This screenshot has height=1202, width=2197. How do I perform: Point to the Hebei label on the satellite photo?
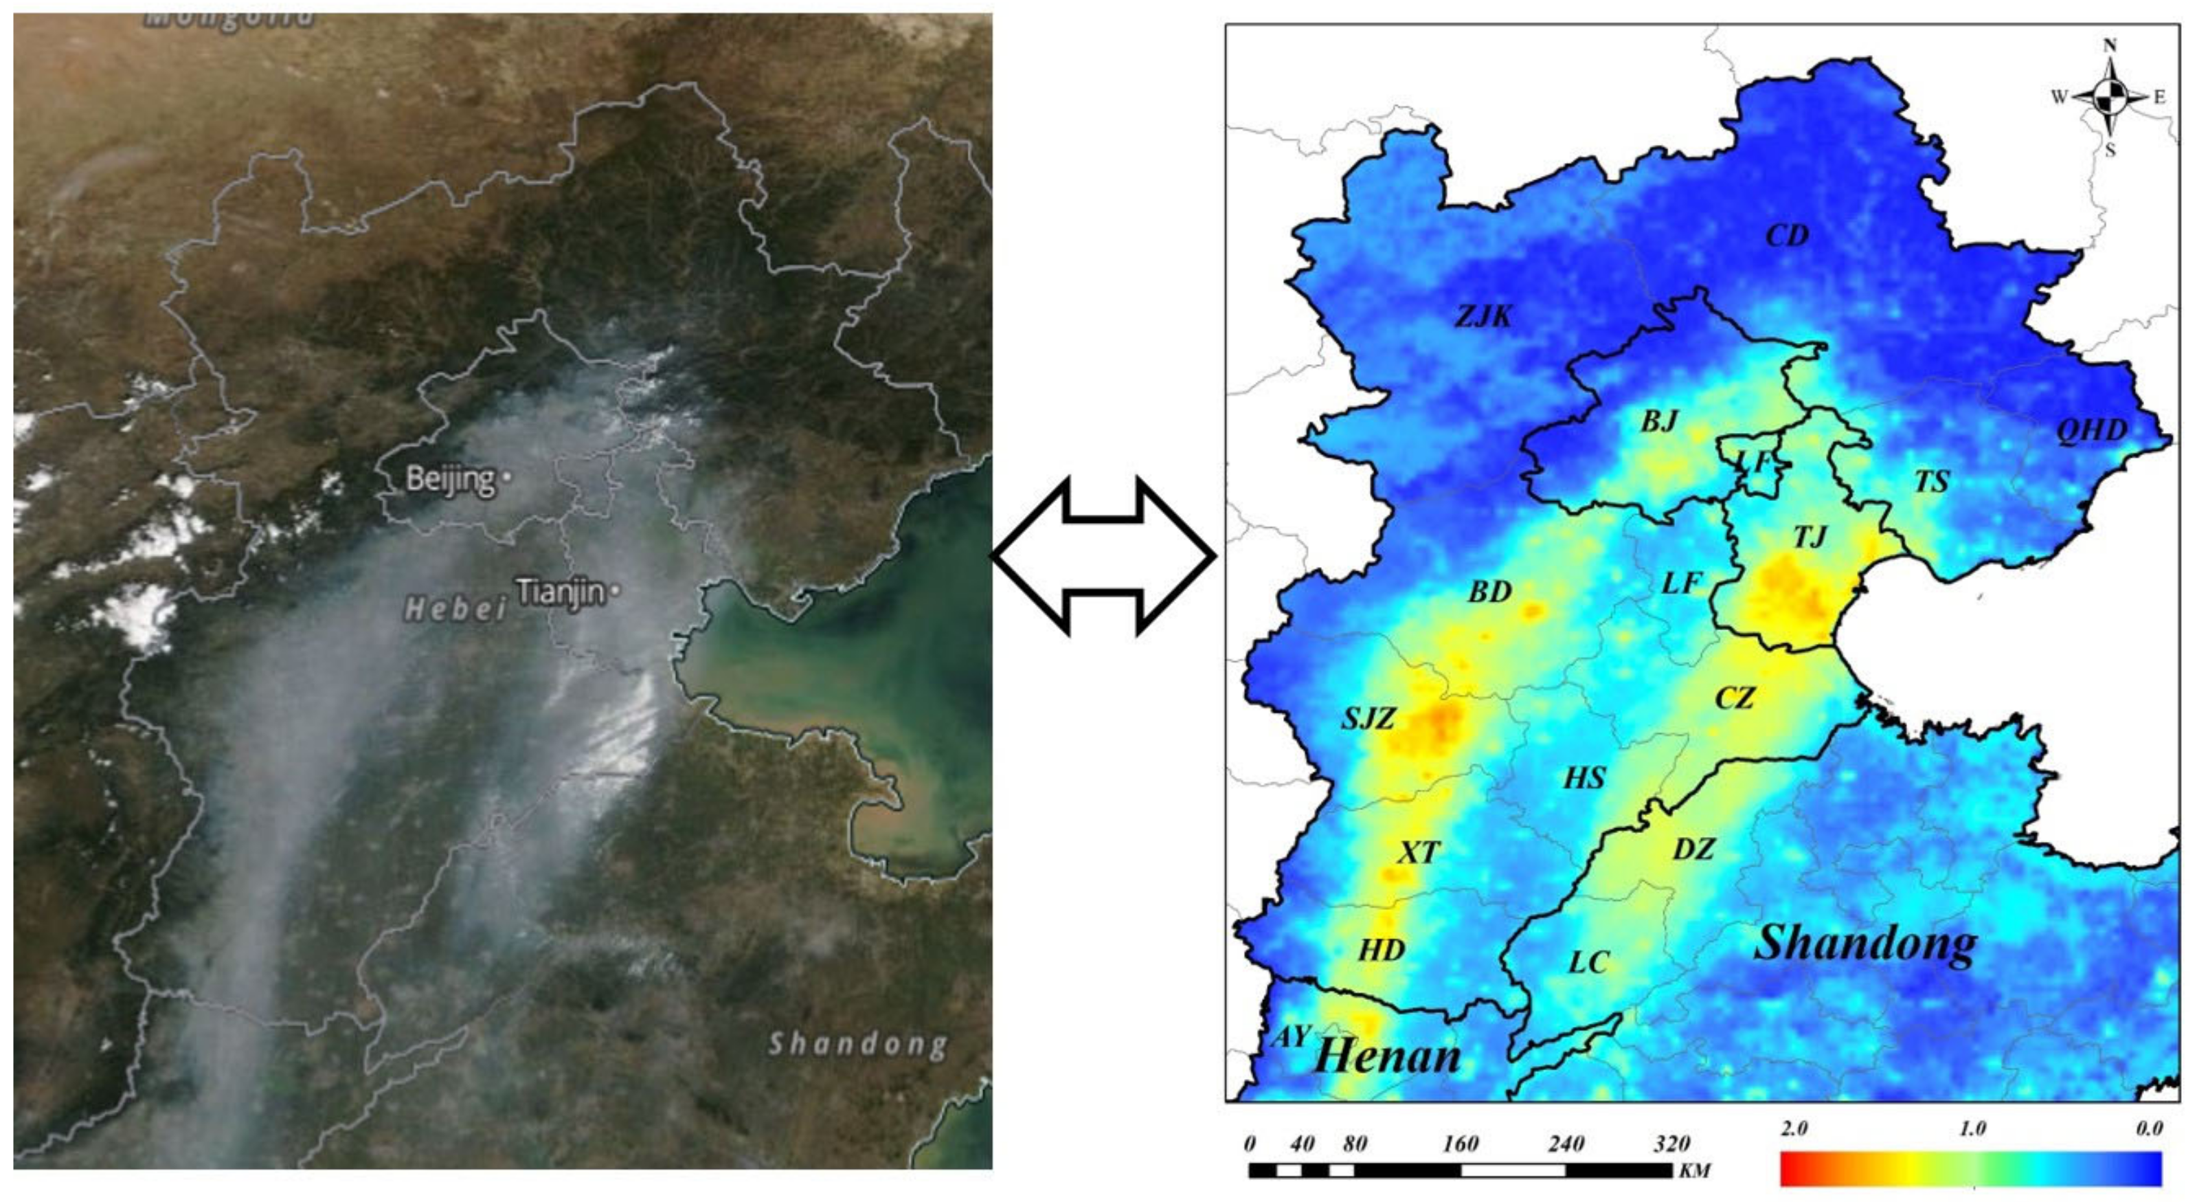click(455, 608)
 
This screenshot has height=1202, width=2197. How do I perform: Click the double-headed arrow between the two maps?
click(1103, 556)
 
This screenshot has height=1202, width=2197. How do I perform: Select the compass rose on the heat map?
click(2110, 98)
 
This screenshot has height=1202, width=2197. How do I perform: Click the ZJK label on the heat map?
click(1483, 317)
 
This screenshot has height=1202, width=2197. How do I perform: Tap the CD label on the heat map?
click(1787, 236)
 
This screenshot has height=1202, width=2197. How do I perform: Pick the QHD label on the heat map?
click(2091, 431)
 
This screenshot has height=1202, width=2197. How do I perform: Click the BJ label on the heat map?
click(1660, 421)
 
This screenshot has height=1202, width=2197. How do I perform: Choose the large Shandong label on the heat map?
click(1865, 944)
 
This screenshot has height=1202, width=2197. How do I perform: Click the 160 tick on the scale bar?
click(1460, 1144)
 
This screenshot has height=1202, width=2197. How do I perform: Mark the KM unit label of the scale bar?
click(1695, 1170)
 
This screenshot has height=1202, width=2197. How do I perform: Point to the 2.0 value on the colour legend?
click(1794, 1128)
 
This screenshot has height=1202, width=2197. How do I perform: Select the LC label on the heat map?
click(1589, 963)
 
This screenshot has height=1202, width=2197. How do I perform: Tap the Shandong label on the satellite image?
click(858, 1045)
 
